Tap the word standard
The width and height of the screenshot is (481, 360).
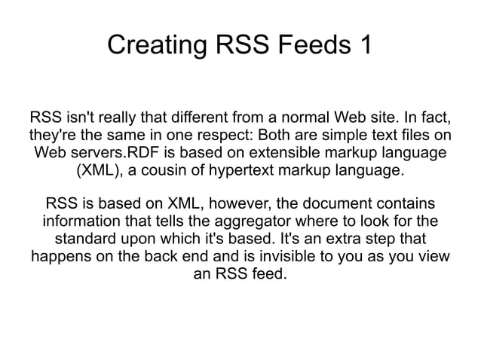click(x=87, y=239)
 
